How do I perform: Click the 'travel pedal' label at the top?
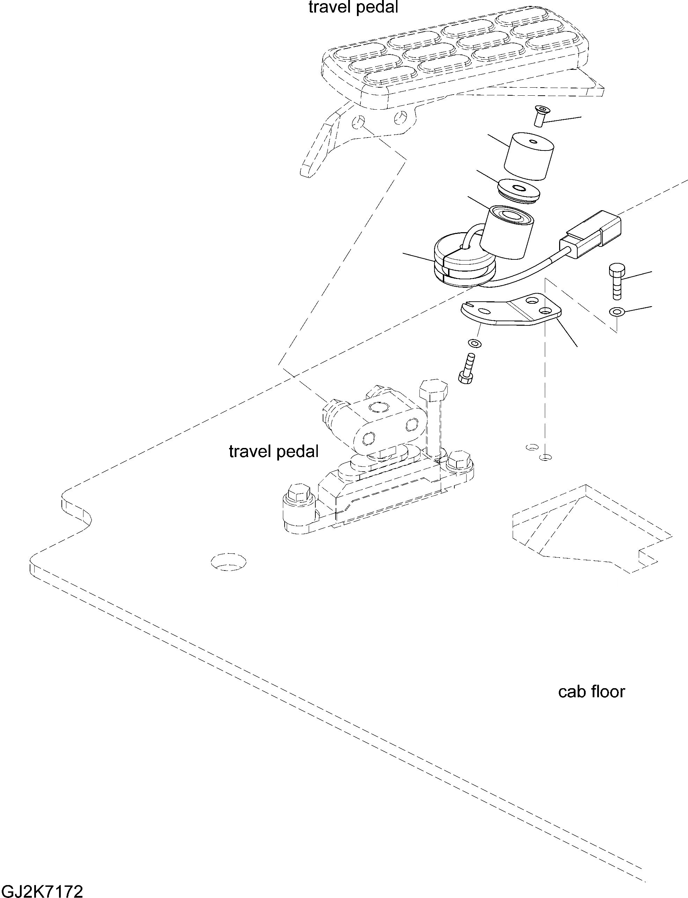[353, 7]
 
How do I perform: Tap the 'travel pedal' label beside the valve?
[273, 451]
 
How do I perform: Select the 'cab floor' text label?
[591, 691]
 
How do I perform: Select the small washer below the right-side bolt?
[615, 312]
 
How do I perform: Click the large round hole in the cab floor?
[228, 562]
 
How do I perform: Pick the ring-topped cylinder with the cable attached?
[507, 232]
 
